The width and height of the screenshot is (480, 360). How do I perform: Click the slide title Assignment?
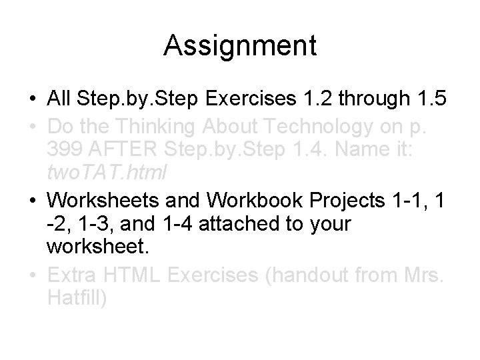[240, 46]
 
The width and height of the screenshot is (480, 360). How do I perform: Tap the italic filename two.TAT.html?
[107, 173]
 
